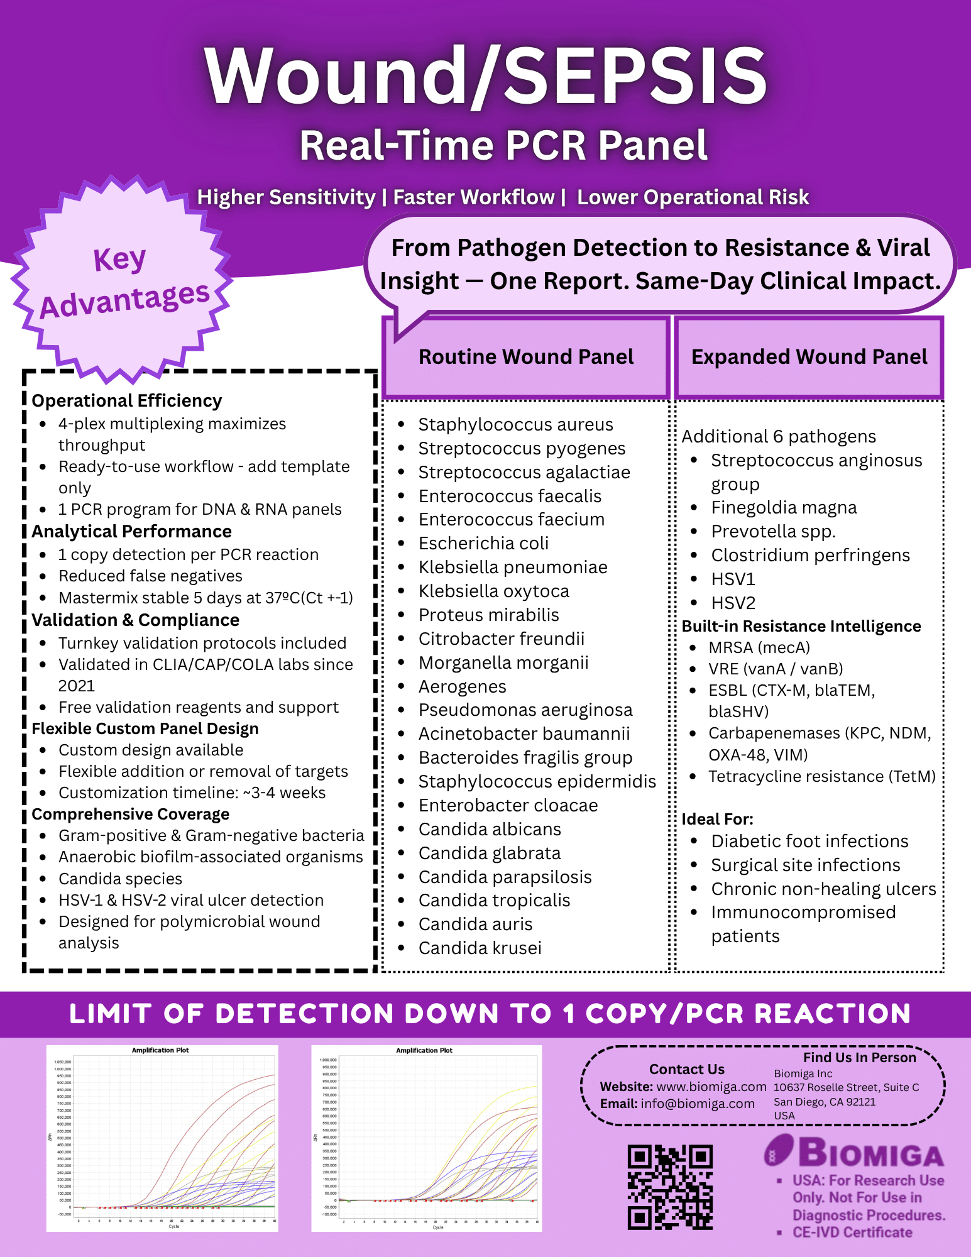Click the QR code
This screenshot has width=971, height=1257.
670,1187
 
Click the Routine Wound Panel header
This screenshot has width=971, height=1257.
526,357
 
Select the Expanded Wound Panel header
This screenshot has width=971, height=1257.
809,357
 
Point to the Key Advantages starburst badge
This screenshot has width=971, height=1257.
123,281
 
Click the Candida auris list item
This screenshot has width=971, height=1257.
475,924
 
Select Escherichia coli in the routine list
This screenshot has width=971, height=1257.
483,543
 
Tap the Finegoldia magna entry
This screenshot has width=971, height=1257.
784,507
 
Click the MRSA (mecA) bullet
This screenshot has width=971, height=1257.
759,647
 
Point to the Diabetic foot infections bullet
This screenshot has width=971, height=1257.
809,841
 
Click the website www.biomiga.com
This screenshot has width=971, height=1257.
711,1087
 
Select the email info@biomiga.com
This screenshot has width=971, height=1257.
697,1104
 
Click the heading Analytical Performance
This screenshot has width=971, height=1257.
131,532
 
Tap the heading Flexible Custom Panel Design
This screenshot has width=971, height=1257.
145,728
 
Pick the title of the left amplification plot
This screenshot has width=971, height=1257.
160,1050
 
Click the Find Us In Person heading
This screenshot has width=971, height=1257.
859,1058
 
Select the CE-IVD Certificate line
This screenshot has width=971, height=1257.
852,1232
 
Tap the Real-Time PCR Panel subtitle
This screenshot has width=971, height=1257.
503,146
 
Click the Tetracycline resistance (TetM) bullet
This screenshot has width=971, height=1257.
821,776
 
